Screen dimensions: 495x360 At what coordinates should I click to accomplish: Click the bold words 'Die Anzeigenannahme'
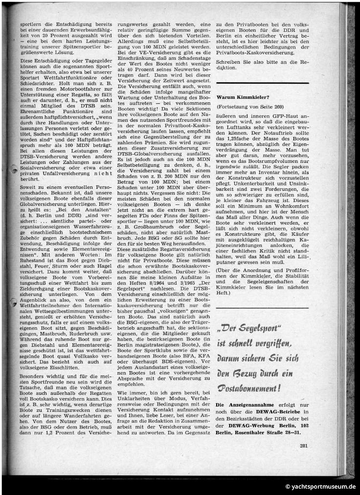click(x=238, y=405)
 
